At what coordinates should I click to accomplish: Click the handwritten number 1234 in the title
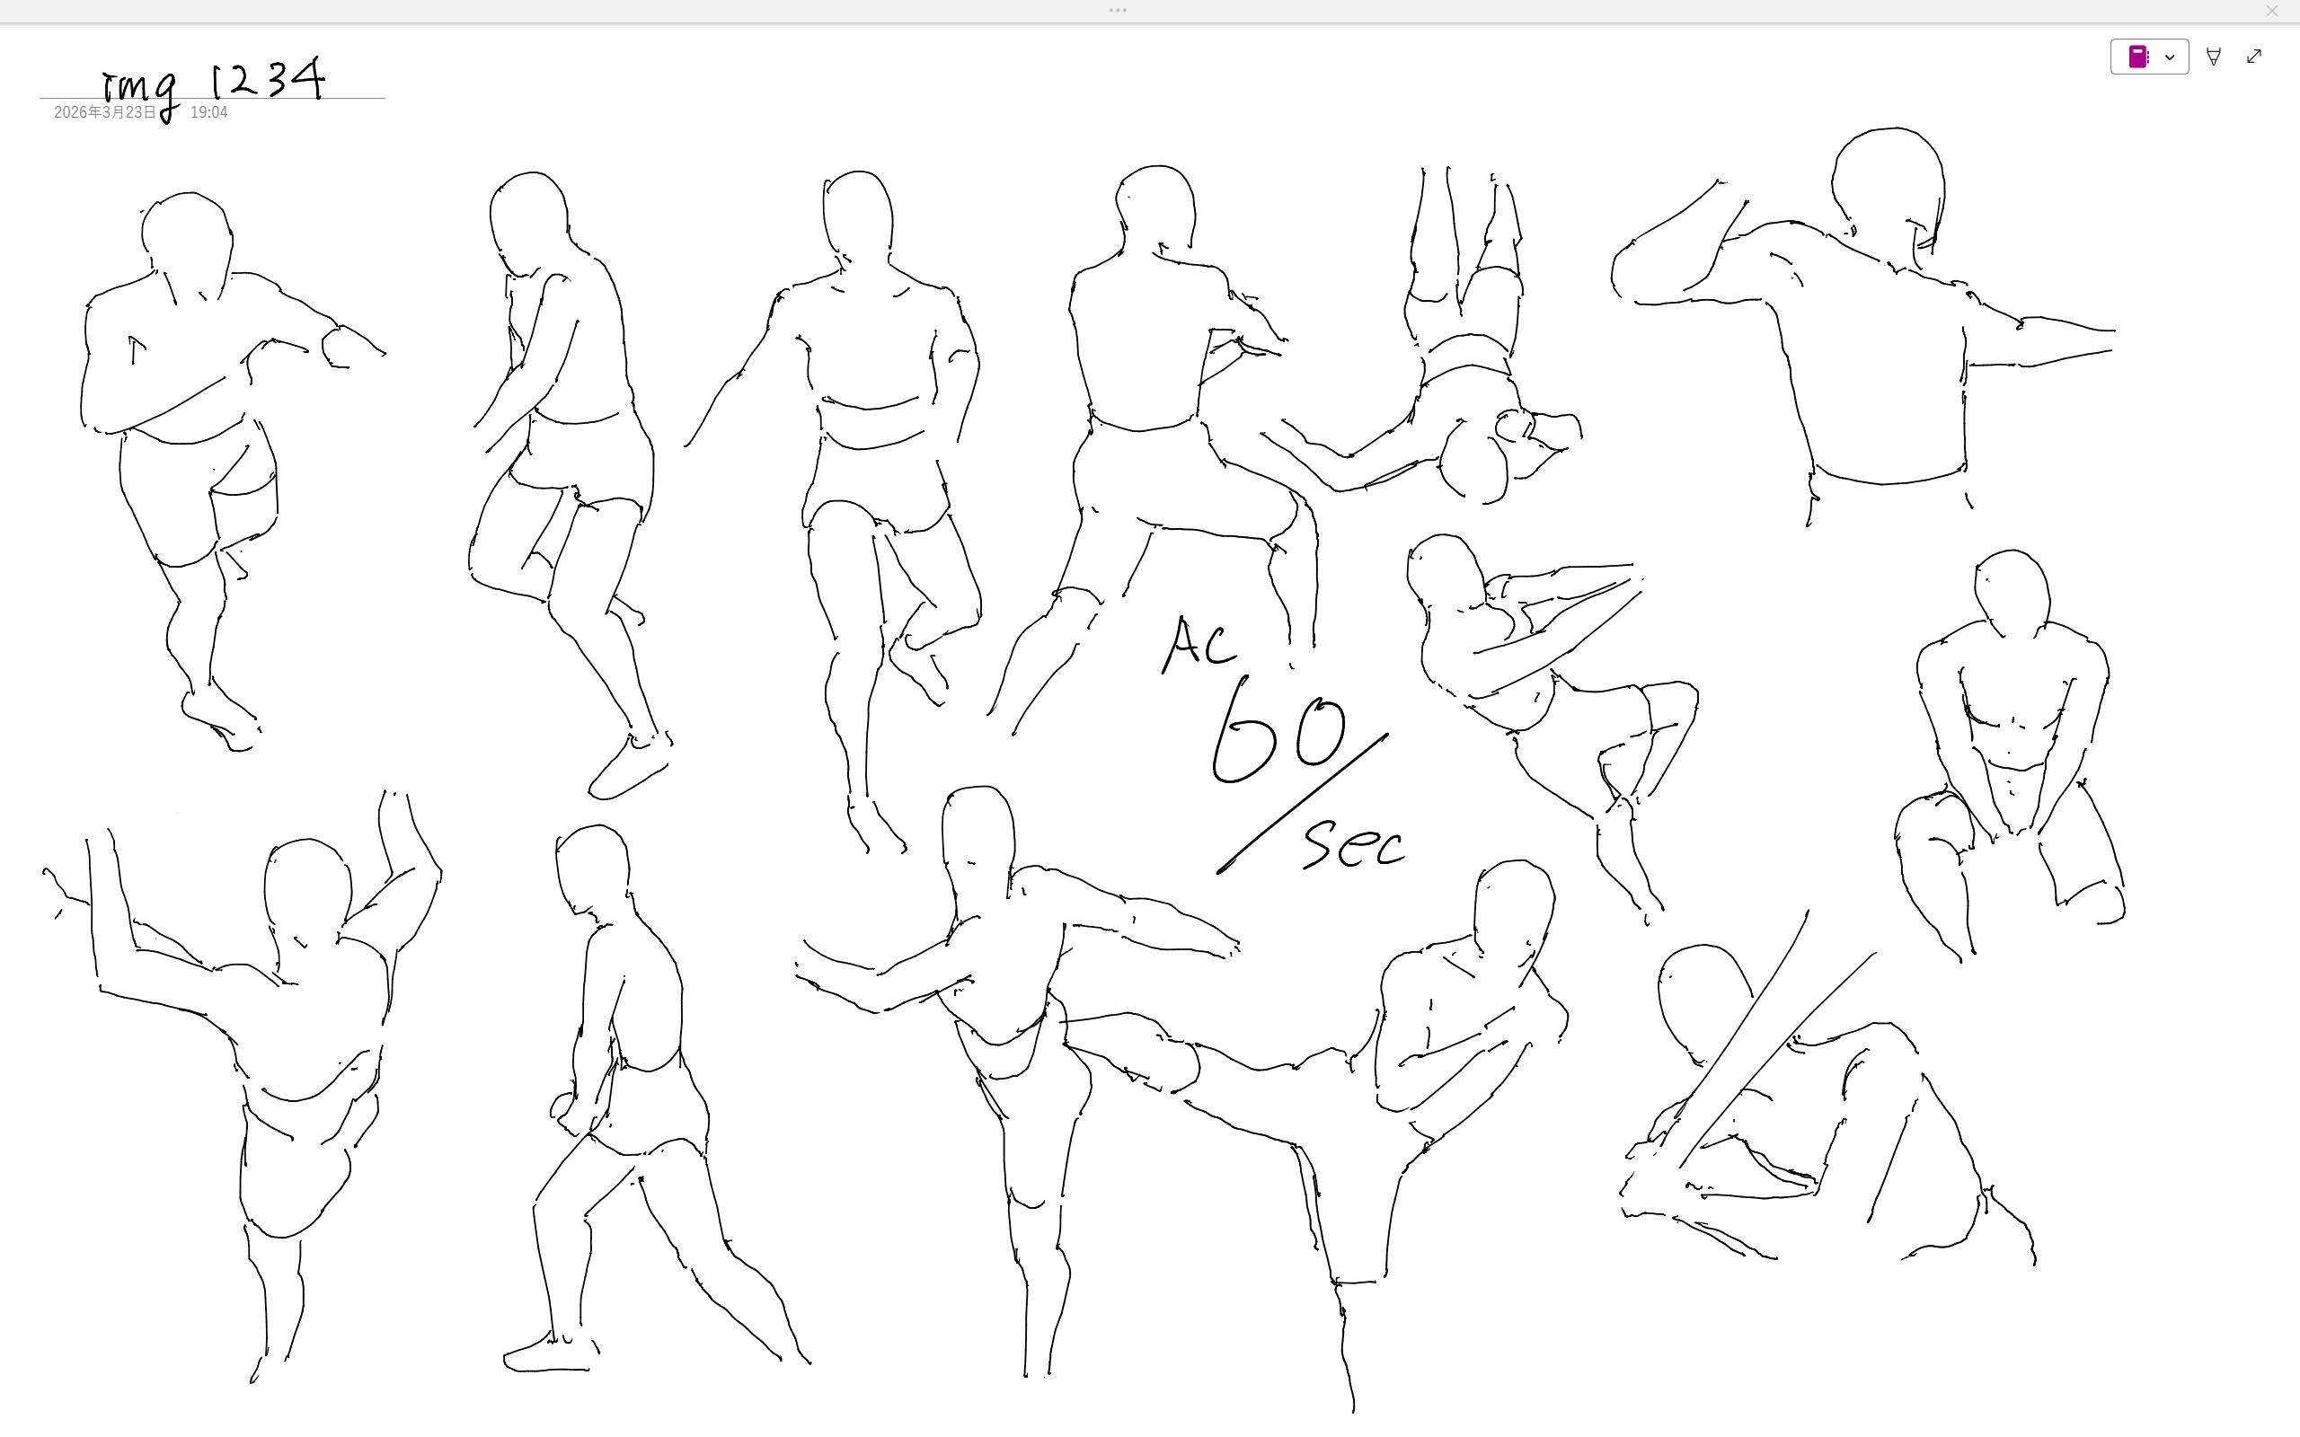(x=267, y=79)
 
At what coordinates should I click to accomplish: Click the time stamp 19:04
(x=209, y=112)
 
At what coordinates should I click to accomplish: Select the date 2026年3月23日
(x=104, y=112)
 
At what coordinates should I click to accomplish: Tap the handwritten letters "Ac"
(x=1199, y=644)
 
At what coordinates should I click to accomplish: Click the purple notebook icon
(x=2138, y=57)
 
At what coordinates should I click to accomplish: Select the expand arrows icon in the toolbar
(x=2254, y=57)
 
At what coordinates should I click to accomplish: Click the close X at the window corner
(x=2272, y=12)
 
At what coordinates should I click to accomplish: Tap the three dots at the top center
(x=1118, y=11)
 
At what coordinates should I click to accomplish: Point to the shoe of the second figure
(x=628, y=768)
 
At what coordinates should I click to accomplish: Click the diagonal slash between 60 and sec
(x=1303, y=803)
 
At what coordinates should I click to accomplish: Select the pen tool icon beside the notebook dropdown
(x=2214, y=57)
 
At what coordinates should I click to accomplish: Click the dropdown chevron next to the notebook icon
(x=2170, y=57)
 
